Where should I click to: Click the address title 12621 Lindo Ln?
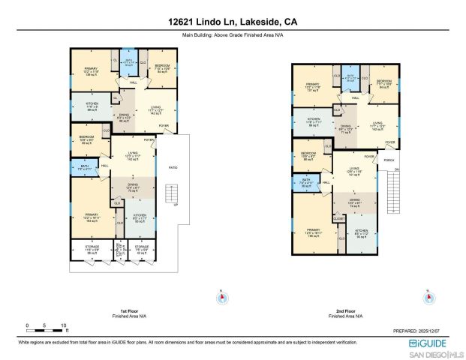point(232,22)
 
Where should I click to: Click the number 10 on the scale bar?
point(63,325)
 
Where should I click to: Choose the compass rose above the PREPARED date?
point(428,298)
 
